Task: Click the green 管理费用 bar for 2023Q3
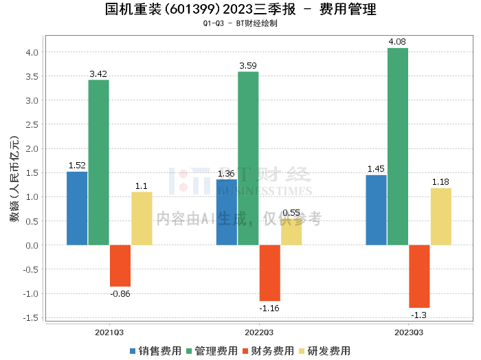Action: (x=398, y=146)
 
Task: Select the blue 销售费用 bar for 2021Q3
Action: (x=77, y=209)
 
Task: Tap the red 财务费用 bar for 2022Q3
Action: (x=269, y=273)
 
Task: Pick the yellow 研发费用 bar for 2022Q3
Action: (x=291, y=232)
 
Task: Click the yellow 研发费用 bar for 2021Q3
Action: (x=142, y=218)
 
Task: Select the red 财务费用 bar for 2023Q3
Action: (x=419, y=276)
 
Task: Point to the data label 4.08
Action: (x=397, y=42)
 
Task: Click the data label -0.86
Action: (x=120, y=294)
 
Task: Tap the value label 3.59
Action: (x=248, y=66)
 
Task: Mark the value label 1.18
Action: (x=440, y=182)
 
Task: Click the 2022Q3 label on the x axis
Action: (x=259, y=333)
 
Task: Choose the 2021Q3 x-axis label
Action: (x=109, y=333)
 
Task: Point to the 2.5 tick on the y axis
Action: (x=32, y=125)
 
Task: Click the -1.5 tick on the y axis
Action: (x=31, y=318)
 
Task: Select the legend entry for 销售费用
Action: (x=155, y=351)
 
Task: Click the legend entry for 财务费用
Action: (x=269, y=351)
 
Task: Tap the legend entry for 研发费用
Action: (x=325, y=351)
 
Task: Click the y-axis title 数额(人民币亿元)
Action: (x=14, y=179)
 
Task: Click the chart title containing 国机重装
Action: (x=240, y=9)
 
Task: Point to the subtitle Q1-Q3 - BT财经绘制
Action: (x=240, y=23)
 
